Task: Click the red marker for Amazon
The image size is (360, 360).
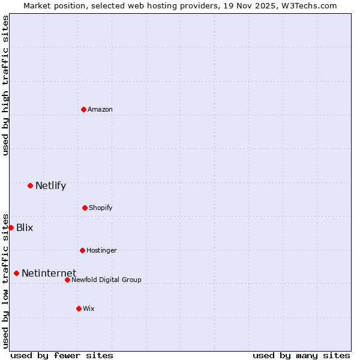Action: [x=83, y=109]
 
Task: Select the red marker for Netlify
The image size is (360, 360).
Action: [x=30, y=185]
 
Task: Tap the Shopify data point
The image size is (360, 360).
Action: [x=85, y=208]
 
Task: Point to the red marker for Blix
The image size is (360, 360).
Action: [x=11, y=227]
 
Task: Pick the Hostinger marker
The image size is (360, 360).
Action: [x=82, y=250]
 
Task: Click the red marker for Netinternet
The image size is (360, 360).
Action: [x=16, y=274]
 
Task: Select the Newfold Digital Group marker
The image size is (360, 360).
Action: [x=67, y=280]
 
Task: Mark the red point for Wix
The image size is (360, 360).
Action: [x=79, y=308]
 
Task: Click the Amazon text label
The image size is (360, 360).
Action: [x=100, y=109]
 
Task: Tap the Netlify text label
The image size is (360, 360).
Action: [x=50, y=185]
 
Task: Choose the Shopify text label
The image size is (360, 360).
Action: [x=101, y=208]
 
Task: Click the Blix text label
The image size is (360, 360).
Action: [x=25, y=227]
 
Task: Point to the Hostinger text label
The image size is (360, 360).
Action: [x=101, y=250]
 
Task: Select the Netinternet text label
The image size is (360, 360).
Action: [x=49, y=274]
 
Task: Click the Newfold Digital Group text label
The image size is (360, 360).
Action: [x=107, y=280]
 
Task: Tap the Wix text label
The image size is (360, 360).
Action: [x=89, y=308]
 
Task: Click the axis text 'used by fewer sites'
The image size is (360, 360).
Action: [x=62, y=355]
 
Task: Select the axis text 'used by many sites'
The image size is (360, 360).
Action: [x=301, y=355]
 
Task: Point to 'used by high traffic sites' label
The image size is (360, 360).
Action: [x=5, y=85]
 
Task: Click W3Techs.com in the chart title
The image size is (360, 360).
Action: [x=309, y=5]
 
